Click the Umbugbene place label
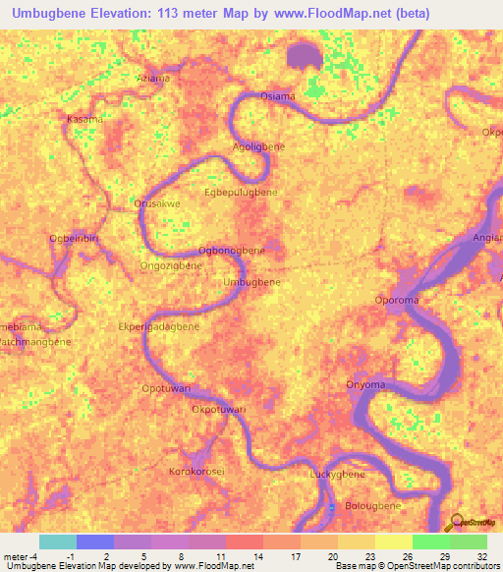252,282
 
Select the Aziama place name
153,78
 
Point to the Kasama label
84,119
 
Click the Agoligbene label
258,146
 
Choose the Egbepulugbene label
241,193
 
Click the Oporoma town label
399,300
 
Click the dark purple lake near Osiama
306,54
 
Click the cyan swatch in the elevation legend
58,542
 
